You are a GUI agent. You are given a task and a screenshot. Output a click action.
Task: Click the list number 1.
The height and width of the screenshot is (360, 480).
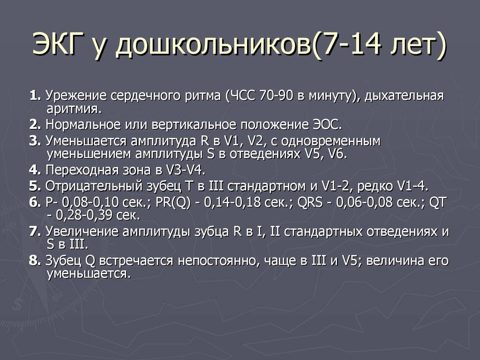pyautogui.click(x=35, y=96)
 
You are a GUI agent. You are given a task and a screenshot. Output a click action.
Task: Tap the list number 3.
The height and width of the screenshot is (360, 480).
pyautogui.click(x=35, y=141)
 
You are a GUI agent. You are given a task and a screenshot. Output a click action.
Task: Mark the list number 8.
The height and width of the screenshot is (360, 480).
pyautogui.click(x=35, y=261)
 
